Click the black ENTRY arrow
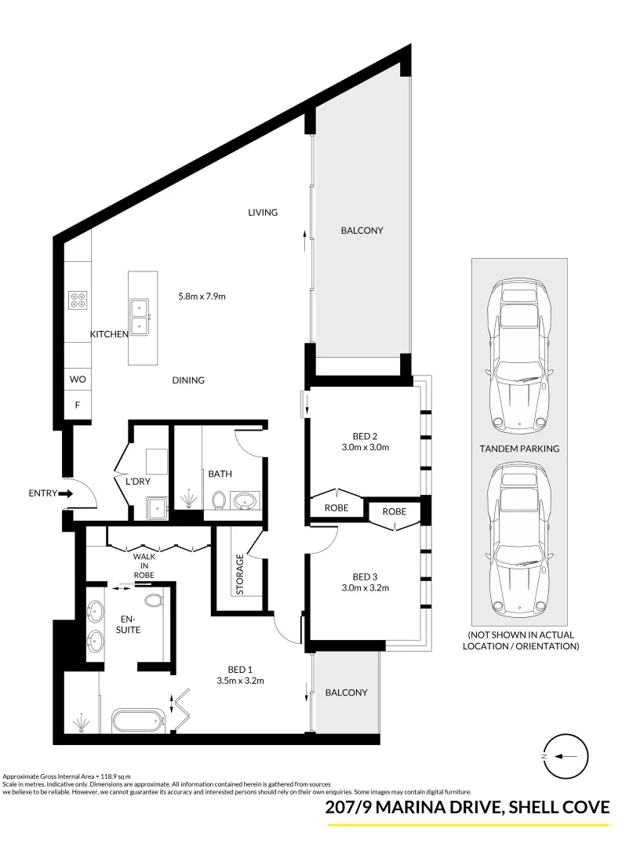click(65, 494)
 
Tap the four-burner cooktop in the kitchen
click(78, 299)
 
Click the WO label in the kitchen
click(77, 379)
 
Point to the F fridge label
click(77, 405)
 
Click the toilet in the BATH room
click(220, 499)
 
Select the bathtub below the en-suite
click(138, 720)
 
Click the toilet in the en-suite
click(155, 600)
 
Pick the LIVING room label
click(263, 213)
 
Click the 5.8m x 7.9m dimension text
click(202, 296)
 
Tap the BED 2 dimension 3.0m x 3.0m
click(365, 448)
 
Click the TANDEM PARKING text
click(518, 449)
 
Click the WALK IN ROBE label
click(144, 565)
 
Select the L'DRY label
click(137, 481)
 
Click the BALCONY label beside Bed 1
click(346, 693)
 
